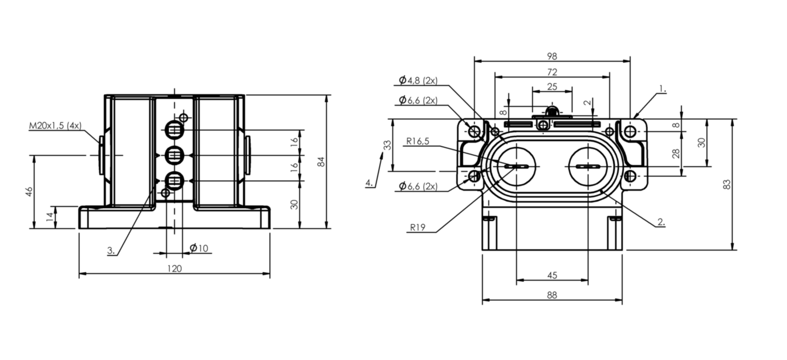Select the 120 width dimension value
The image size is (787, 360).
point(175,268)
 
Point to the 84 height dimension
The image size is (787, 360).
point(322,161)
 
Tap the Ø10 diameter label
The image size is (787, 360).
point(199,248)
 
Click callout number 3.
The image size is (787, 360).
point(111,250)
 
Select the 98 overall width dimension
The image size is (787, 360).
point(551,56)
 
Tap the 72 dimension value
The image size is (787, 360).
point(551,72)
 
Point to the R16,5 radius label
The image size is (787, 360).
point(418,141)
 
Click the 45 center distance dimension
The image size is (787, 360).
point(551,275)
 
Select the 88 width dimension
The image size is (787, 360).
point(551,295)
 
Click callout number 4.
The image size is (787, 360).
point(369,183)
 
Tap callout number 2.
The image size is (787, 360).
point(660,222)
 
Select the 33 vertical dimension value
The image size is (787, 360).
point(388,145)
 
